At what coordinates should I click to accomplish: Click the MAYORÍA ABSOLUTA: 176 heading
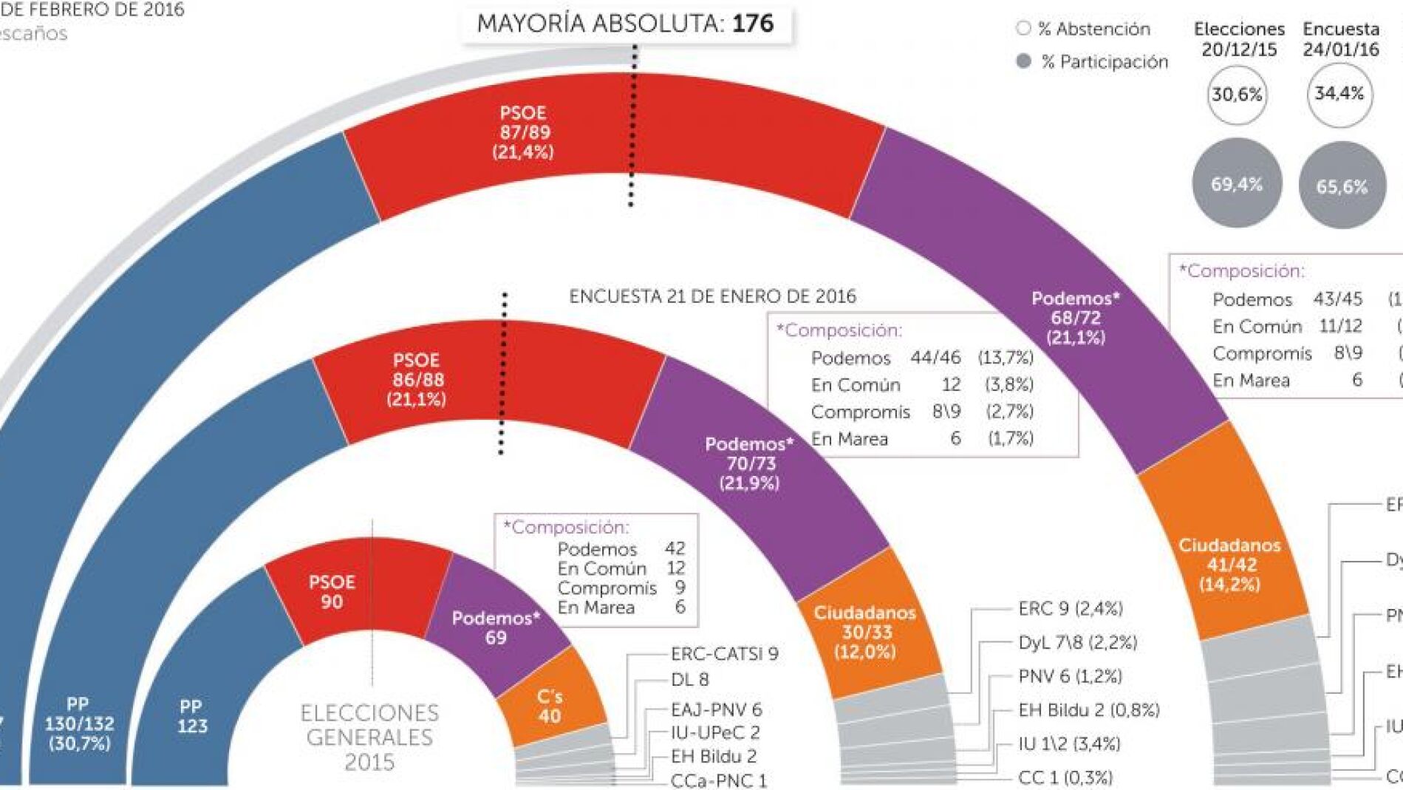tap(625, 24)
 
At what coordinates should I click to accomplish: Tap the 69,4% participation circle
tap(1236, 184)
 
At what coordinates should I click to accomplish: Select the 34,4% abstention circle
tap(1339, 94)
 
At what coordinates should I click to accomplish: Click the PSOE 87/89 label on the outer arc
tap(523, 132)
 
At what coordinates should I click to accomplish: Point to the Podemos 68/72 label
tap(1076, 318)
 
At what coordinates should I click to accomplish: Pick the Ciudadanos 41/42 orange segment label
tap(1229, 565)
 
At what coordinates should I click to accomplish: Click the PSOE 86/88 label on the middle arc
tap(417, 380)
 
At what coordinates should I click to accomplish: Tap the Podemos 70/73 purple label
tap(750, 463)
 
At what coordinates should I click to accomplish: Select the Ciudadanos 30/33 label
tap(864, 632)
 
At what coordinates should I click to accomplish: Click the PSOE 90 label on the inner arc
tap(332, 591)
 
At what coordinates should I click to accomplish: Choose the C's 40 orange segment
tap(549, 706)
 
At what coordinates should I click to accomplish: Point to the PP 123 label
tap(191, 716)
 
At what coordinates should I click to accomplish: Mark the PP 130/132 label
tap(79, 723)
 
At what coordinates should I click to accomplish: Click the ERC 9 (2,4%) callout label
tap(1070, 608)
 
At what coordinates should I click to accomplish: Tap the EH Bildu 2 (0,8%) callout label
tap(1088, 710)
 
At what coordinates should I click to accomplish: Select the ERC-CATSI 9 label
tap(724, 653)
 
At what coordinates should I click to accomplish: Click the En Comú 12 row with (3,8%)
tap(921, 384)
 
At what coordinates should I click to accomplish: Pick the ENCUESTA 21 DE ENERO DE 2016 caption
tap(712, 296)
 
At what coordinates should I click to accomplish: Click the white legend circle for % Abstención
tap(1023, 29)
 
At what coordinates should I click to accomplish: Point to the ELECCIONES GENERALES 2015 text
tap(369, 737)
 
